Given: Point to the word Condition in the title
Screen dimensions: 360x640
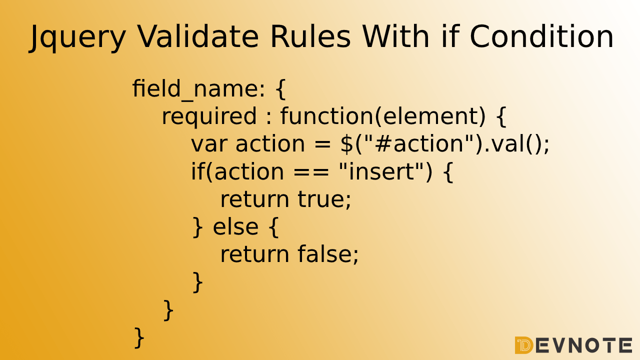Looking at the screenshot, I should click(x=541, y=36).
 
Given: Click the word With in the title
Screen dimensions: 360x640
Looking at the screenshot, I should click(x=395, y=36).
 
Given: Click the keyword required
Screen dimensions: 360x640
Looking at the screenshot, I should click(x=209, y=116).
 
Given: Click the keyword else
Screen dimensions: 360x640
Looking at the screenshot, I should click(x=235, y=227).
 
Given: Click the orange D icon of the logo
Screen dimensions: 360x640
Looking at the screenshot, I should click(x=523, y=345).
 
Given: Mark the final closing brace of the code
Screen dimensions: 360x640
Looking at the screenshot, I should click(x=139, y=337).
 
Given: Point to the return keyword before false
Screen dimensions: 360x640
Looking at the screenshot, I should click(x=254, y=254).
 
